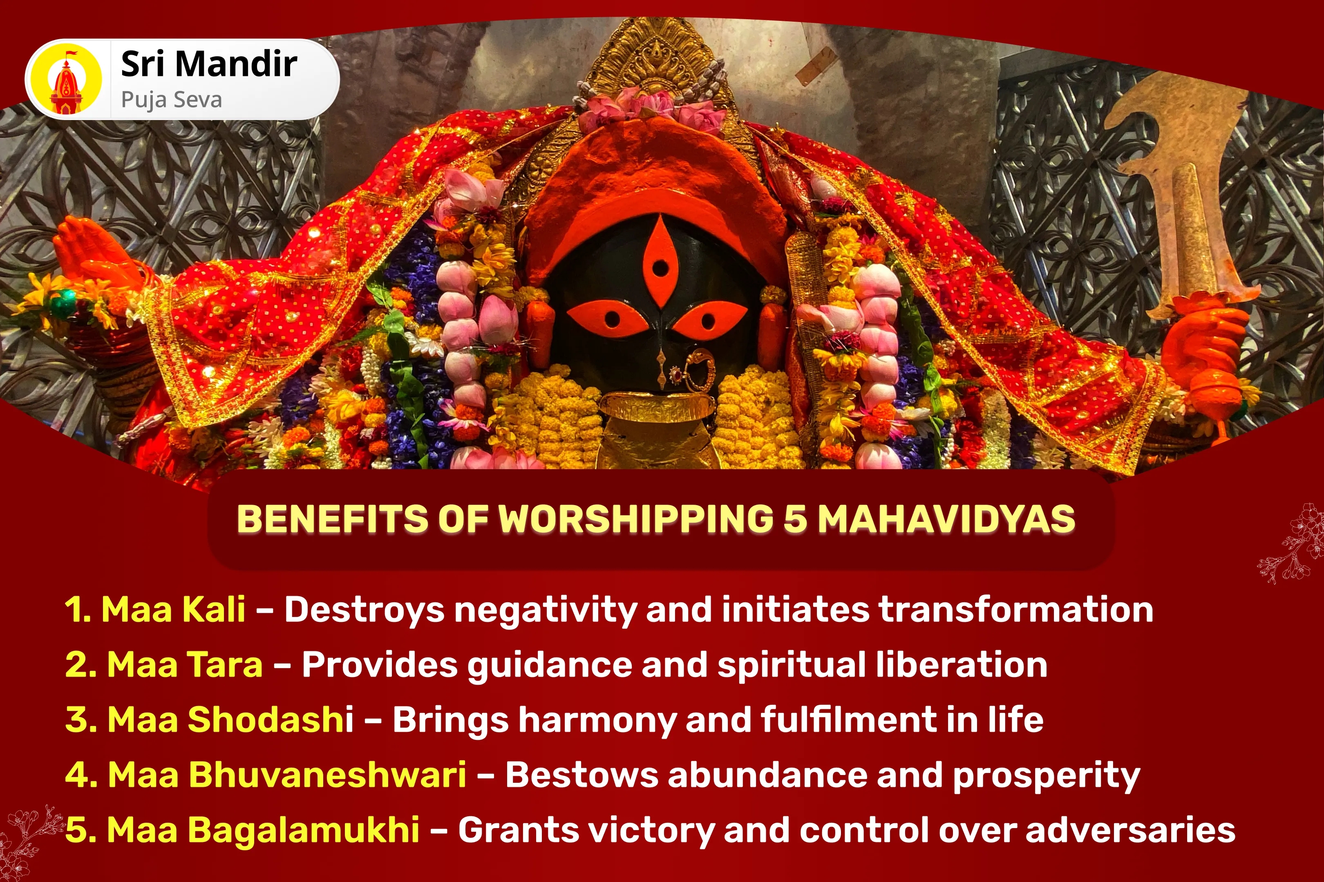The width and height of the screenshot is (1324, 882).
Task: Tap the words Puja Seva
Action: [172, 100]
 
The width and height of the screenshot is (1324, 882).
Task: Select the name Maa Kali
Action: [173, 609]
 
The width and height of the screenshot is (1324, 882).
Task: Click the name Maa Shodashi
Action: [230, 719]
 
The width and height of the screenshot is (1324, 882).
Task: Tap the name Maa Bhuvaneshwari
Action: [286, 775]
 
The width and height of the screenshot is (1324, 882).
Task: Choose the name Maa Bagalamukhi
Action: [263, 830]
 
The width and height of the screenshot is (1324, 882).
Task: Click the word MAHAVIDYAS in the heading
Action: [946, 519]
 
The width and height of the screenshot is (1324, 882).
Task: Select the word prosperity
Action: [1046, 775]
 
